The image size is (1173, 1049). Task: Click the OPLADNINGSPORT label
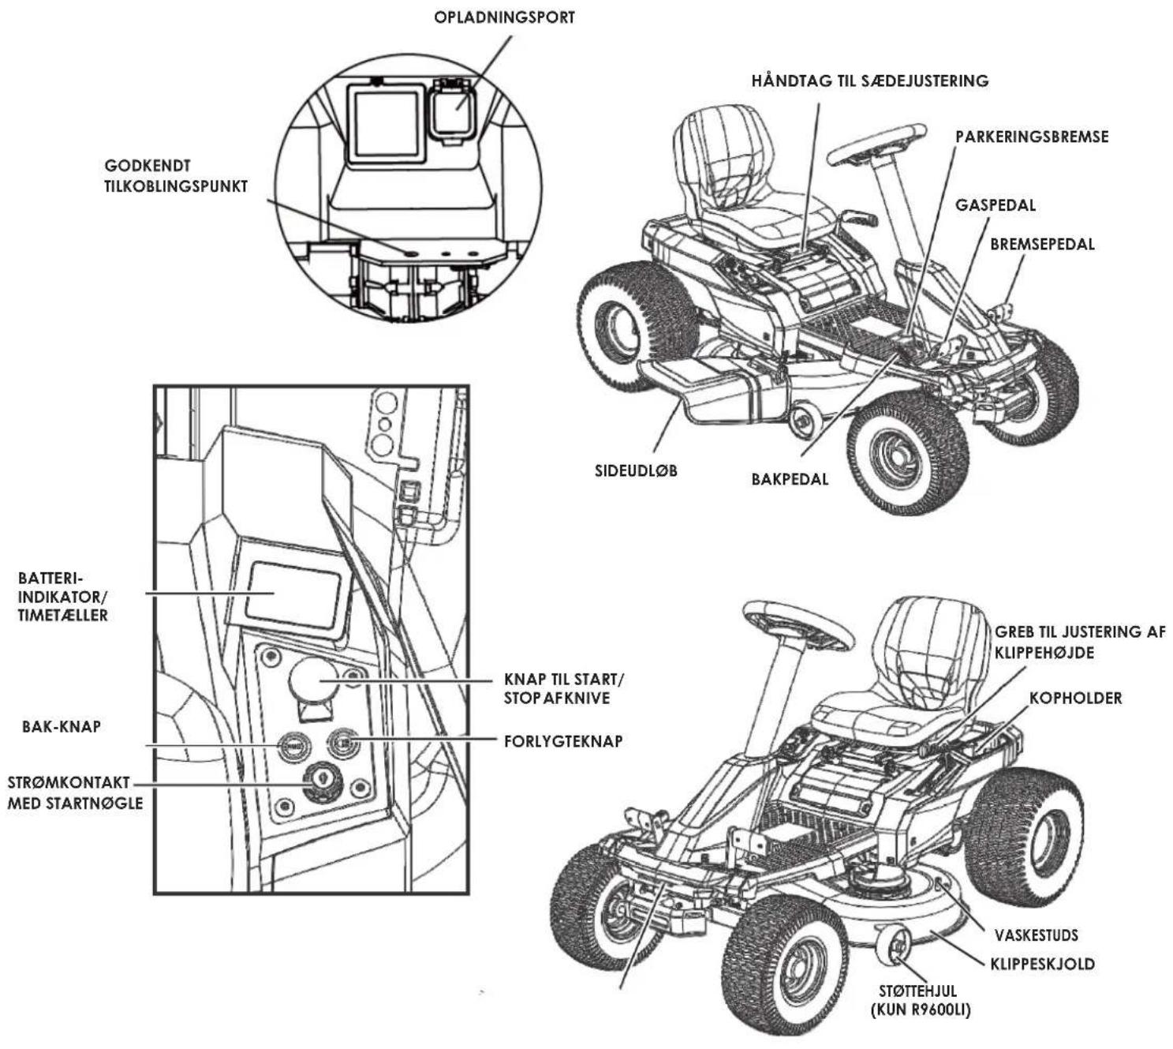[504, 17]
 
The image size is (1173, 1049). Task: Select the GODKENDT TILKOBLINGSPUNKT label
[175, 176]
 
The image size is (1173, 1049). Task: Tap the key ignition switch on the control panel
[319, 781]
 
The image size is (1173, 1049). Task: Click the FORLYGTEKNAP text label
[562, 741]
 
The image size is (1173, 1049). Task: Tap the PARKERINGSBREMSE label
[1032, 137]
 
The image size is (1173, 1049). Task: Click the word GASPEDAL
[996, 205]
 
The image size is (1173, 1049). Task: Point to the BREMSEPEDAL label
[1042, 244]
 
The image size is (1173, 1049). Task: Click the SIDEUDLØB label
[636, 470]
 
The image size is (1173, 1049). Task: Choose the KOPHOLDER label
[1075, 698]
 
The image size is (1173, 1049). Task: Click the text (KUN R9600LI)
[921, 1010]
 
